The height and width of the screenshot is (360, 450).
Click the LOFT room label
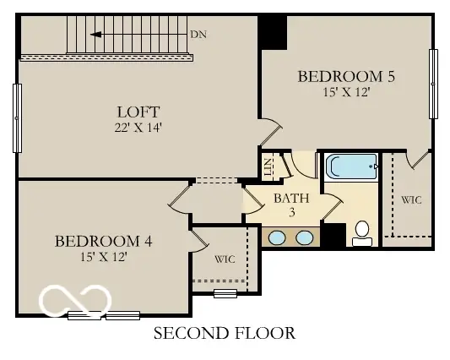click(x=138, y=112)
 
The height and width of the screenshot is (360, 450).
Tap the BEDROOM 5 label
click(x=346, y=76)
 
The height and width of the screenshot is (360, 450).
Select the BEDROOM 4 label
click(x=103, y=241)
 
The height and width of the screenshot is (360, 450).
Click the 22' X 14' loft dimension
click(x=138, y=128)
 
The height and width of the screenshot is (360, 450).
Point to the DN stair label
click(x=198, y=35)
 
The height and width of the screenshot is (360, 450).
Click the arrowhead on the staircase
click(x=96, y=35)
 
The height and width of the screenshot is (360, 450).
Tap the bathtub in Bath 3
click(x=351, y=166)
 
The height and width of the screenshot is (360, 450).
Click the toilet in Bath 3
click(x=362, y=233)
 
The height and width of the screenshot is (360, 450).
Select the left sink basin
click(x=277, y=238)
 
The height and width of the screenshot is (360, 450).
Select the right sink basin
click(x=305, y=238)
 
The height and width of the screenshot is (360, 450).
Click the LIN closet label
click(x=268, y=167)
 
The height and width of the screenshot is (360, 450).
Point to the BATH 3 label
click(x=291, y=205)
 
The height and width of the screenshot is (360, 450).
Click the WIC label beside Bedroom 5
click(x=411, y=200)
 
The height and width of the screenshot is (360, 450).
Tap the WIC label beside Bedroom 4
click(x=225, y=259)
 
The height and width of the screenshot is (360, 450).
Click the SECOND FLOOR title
click(x=225, y=333)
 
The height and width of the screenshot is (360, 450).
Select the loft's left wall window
click(x=17, y=118)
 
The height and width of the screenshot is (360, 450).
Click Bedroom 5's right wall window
click(x=433, y=84)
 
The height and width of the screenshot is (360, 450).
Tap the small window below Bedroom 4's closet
click(x=225, y=293)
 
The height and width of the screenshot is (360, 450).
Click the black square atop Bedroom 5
click(x=273, y=32)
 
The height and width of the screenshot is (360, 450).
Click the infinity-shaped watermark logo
click(x=75, y=300)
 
